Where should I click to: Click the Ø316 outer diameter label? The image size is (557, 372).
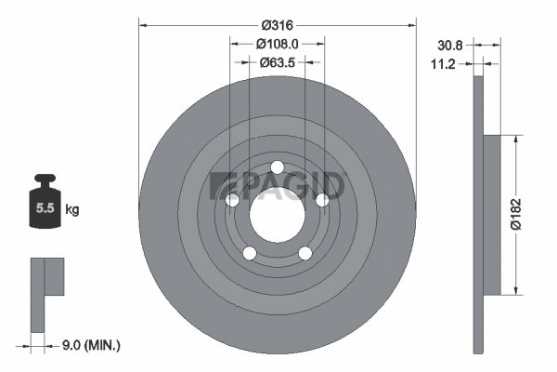coord(278,25)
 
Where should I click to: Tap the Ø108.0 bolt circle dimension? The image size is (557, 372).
coord(278,44)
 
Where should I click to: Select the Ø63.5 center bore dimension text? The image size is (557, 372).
coord(278,62)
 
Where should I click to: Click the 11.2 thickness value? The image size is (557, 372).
coord(443,64)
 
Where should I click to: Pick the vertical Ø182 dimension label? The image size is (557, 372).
coord(516,214)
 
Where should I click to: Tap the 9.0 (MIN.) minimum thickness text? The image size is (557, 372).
coord(91,345)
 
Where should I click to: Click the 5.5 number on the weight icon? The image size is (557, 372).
coord(45,208)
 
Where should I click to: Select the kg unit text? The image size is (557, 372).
coord(72,209)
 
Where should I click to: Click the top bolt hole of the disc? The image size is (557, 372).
coord(277,167)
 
